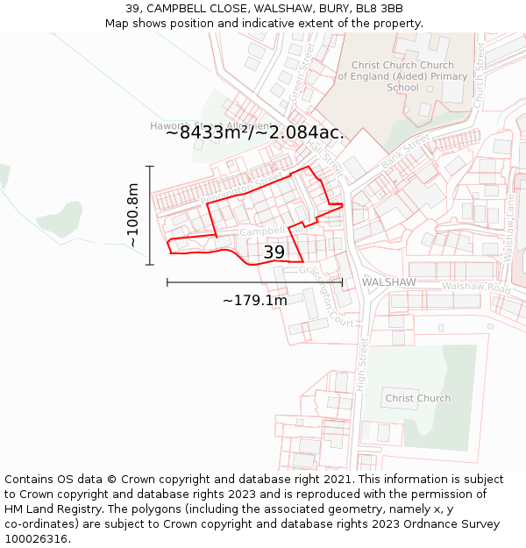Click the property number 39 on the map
point(274,253)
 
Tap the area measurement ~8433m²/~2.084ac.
point(254,132)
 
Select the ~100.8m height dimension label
point(132,215)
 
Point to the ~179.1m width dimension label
point(254,301)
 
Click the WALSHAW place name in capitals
point(388,282)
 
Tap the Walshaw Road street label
point(475,287)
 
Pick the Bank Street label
point(405,151)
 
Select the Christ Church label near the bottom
point(418,398)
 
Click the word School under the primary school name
point(402,88)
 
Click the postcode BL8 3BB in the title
point(380,9)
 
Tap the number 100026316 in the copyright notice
point(38,539)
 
